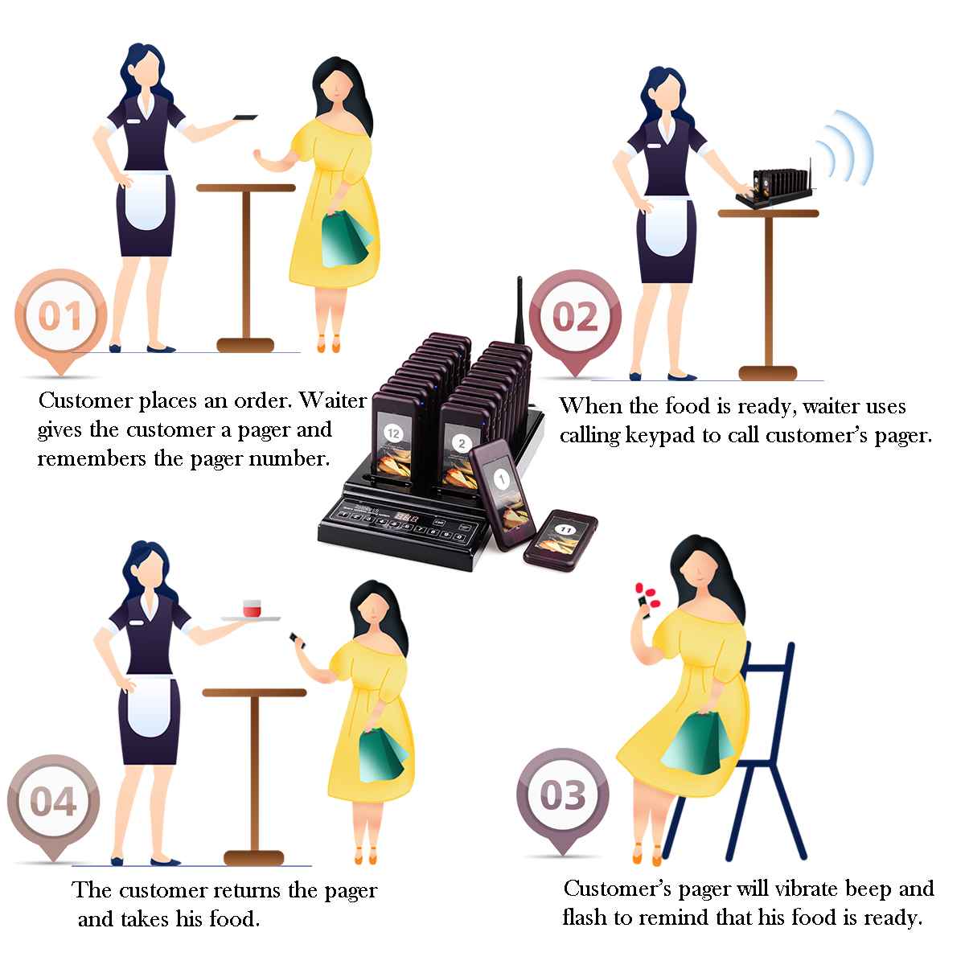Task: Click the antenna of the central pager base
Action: tap(519, 311)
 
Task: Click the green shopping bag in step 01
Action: tap(346, 240)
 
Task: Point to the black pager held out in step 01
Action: tap(245, 117)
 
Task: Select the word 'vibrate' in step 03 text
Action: tap(807, 889)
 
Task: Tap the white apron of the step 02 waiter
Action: tap(667, 226)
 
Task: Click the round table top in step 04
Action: tap(254, 692)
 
